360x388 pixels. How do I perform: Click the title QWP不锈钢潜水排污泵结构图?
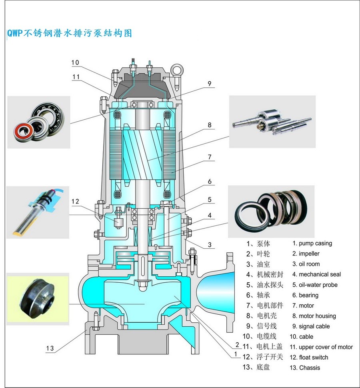pyautogui.click(x=70, y=33)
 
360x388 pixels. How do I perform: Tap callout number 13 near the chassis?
pyautogui.click(x=50, y=348)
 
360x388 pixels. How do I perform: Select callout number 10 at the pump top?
pyautogui.click(x=75, y=62)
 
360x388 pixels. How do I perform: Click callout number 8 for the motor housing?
pyautogui.click(x=209, y=125)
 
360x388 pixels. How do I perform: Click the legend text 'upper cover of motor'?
pyautogui.click(x=326, y=347)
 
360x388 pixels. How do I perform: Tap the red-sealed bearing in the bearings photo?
pyautogui.click(x=22, y=130)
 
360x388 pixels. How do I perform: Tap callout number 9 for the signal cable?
pyautogui.click(x=209, y=84)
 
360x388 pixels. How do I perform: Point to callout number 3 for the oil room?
pyautogui.click(x=209, y=245)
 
